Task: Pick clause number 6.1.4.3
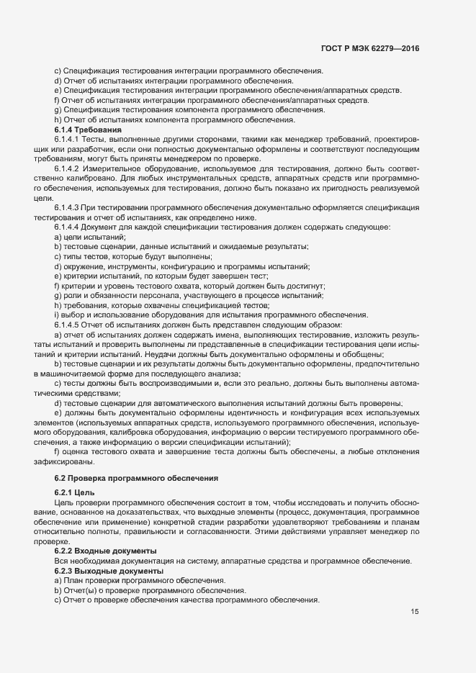pos(66,207)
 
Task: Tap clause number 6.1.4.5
pos(66,325)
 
